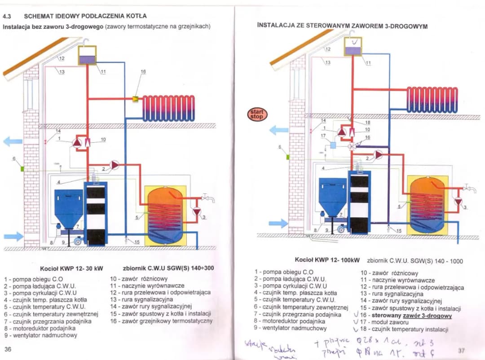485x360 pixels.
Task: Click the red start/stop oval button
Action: pos(257,114)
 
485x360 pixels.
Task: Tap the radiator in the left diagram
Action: pos(168,108)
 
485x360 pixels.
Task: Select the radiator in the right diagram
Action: pos(432,100)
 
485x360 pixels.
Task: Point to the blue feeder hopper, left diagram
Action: pos(68,208)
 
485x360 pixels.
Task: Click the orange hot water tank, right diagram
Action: pos(427,205)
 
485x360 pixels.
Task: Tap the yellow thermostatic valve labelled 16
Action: pos(136,98)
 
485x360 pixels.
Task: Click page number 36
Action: pos(8,349)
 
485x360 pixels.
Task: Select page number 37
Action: pos(462,350)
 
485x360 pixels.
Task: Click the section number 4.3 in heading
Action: pos(7,17)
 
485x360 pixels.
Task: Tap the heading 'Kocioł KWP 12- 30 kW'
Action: pos(71,268)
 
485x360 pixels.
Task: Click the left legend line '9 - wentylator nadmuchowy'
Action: pos(40,335)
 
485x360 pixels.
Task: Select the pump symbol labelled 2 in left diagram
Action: pos(115,165)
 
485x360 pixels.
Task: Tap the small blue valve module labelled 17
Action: pos(333,145)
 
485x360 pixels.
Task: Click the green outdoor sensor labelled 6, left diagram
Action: pos(22,168)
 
